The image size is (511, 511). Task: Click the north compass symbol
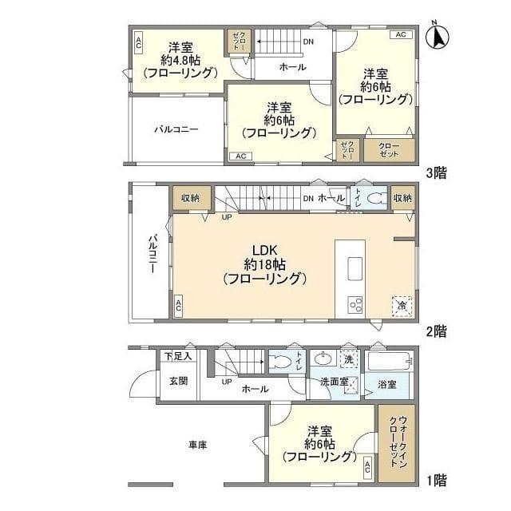click(437, 37)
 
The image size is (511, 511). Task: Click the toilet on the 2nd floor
click(375, 200)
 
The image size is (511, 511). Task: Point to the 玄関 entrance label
click(177, 381)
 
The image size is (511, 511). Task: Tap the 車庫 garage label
click(197, 445)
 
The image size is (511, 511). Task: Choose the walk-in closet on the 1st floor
click(397, 444)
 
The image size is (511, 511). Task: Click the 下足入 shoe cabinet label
click(177, 356)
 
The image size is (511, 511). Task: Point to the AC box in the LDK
click(178, 305)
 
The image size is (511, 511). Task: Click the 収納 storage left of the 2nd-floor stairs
click(190, 198)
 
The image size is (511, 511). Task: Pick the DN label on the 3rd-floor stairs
click(307, 42)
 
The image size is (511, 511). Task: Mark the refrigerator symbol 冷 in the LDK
click(400, 304)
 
